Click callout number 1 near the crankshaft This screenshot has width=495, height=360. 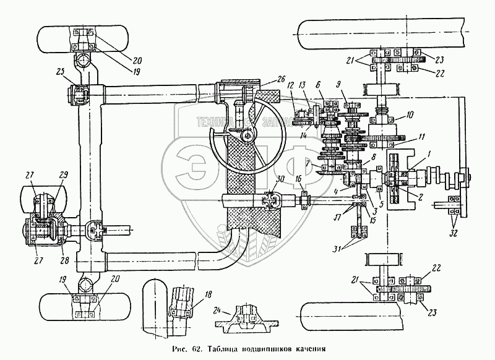429,151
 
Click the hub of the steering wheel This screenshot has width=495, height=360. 247,135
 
